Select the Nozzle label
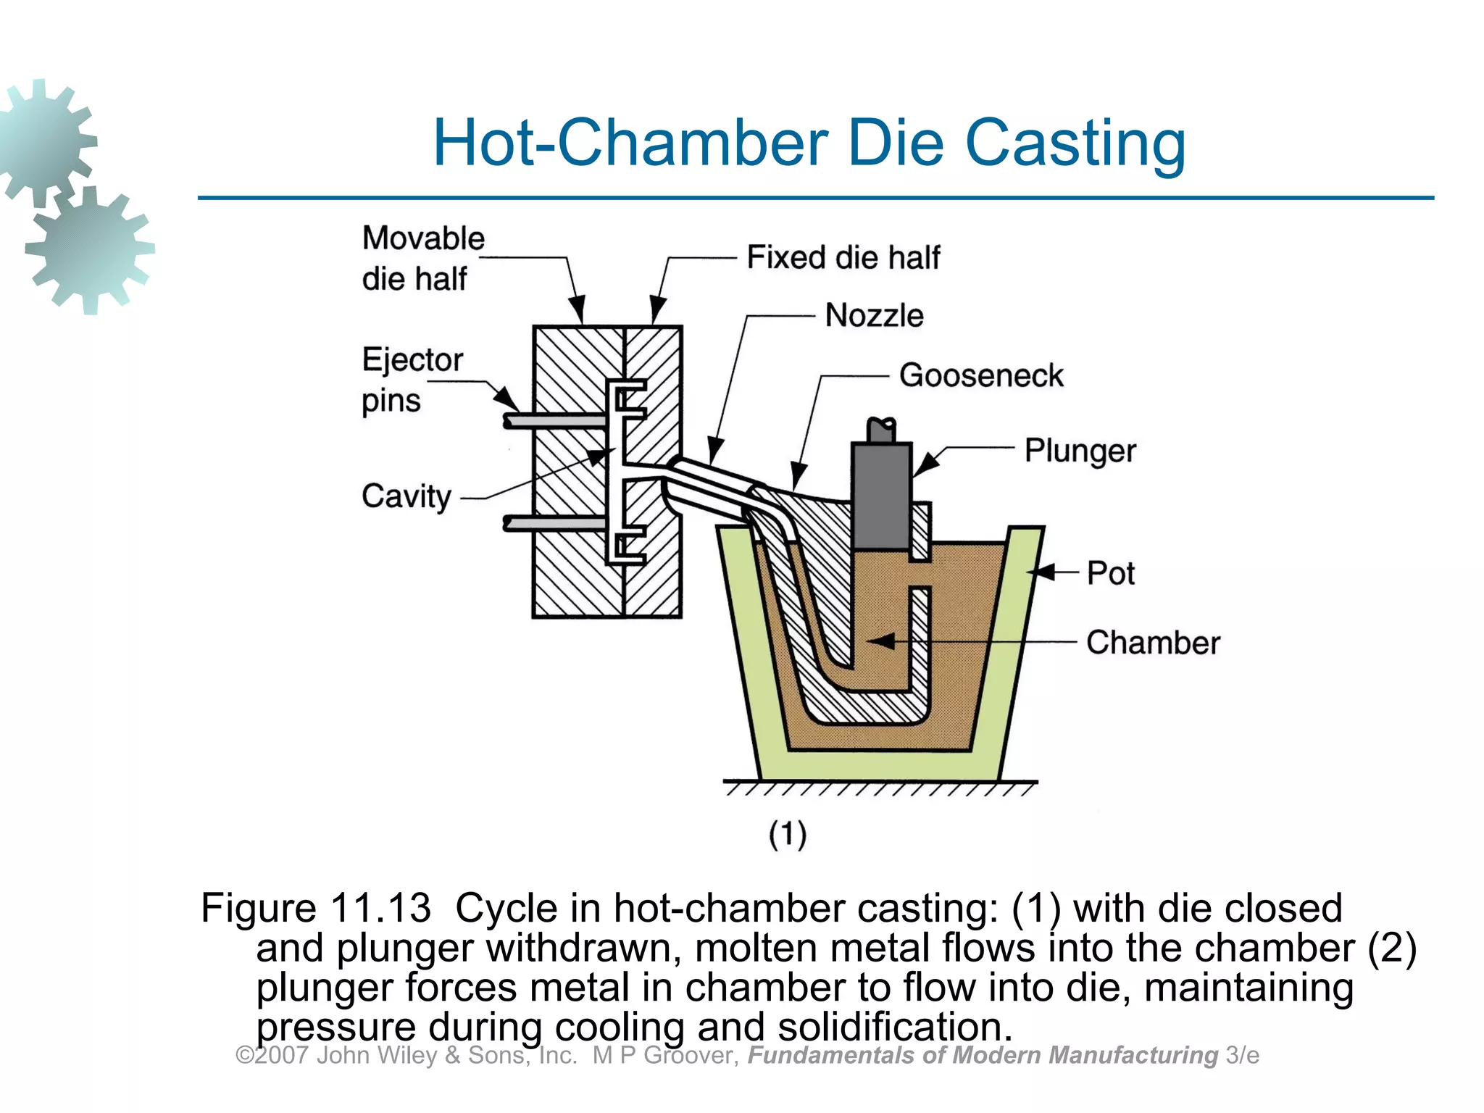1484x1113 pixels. (x=874, y=316)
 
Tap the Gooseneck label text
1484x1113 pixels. (x=981, y=375)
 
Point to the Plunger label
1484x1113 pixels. (x=1080, y=451)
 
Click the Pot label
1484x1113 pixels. (x=1110, y=573)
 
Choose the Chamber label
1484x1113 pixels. (x=1153, y=643)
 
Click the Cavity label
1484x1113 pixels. (x=407, y=497)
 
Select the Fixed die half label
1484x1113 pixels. (x=843, y=257)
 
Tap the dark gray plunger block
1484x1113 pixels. (x=881, y=496)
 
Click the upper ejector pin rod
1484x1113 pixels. (x=554, y=420)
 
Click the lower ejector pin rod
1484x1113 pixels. (x=554, y=522)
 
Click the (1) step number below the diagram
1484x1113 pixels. (x=788, y=834)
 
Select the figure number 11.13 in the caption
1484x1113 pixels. (x=380, y=908)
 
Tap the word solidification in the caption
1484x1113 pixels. (x=894, y=1027)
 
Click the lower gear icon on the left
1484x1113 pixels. (x=90, y=250)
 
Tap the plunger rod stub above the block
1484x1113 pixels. (x=881, y=430)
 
